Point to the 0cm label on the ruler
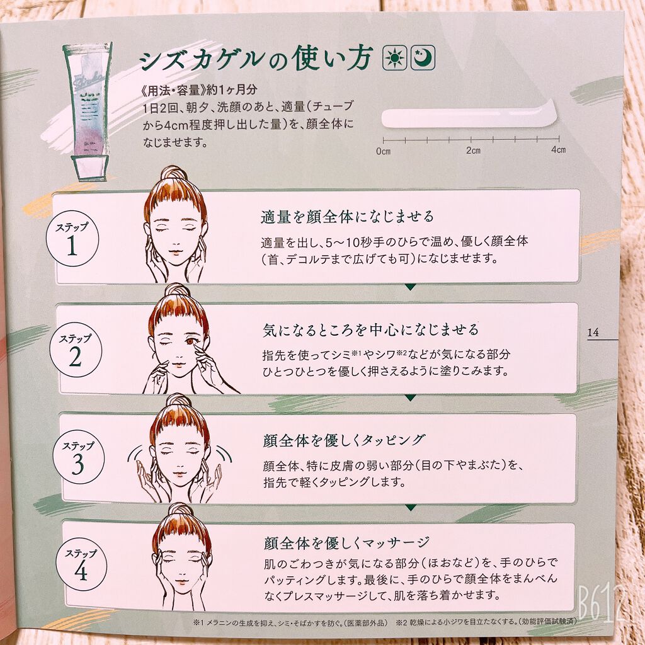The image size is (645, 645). (x=383, y=151)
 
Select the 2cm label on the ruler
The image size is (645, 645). (x=473, y=151)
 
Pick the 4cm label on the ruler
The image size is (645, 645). (x=558, y=151)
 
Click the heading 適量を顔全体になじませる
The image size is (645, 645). (x=348, y=217)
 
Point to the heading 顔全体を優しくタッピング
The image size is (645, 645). (x=345, y=440)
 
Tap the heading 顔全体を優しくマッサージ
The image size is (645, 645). (x=346, y=542)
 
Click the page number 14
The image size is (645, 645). (x=593, y=333)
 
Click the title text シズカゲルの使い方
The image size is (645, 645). (x=255, y=60)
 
